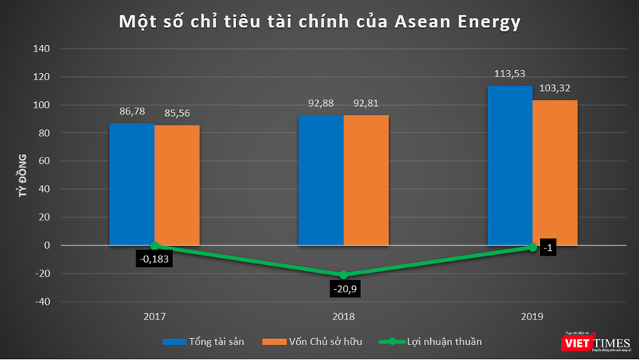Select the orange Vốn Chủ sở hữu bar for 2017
(176, 185)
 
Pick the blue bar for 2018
(320, 180)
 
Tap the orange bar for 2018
(365, 180)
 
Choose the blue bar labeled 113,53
(510, 165)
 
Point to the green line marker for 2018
(344, 275)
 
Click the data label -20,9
(344, 290)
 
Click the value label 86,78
(131, 113)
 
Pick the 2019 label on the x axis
(532, 317)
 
